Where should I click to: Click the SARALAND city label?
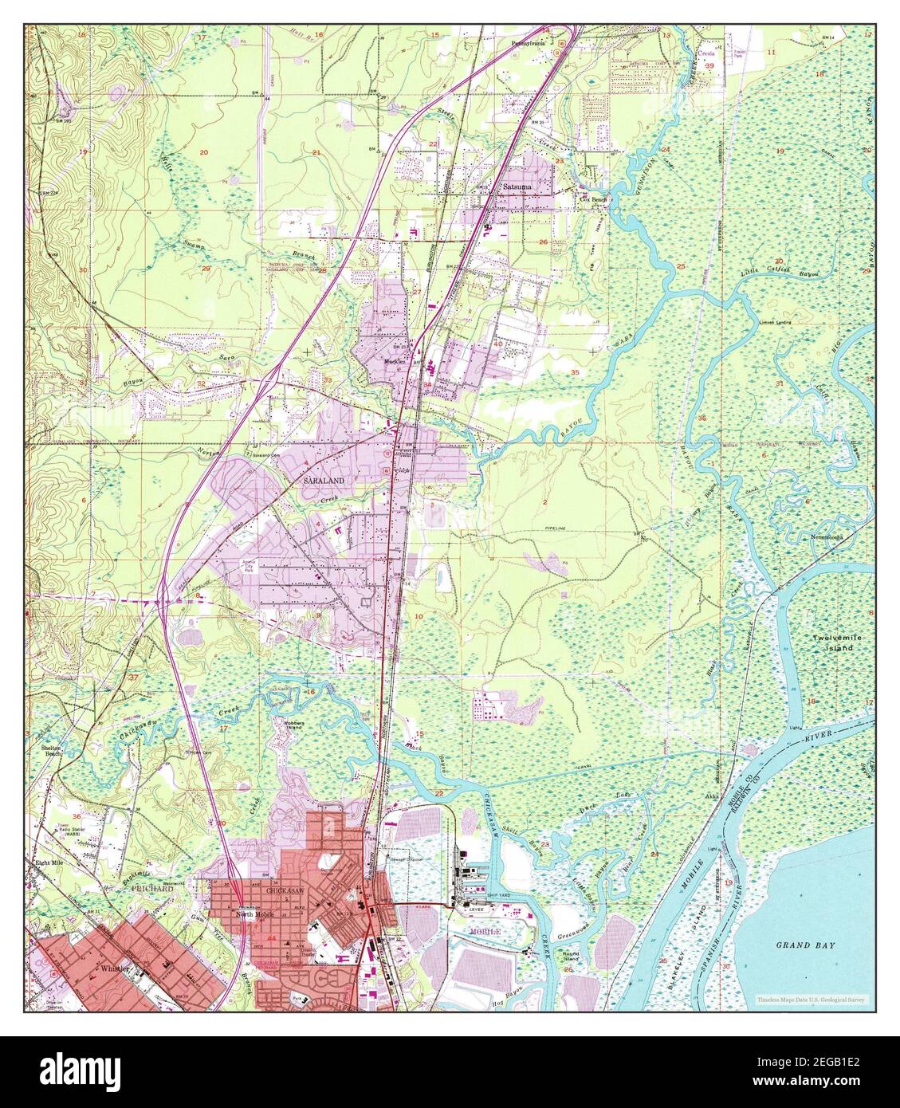323,481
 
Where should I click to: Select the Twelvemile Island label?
833,643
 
